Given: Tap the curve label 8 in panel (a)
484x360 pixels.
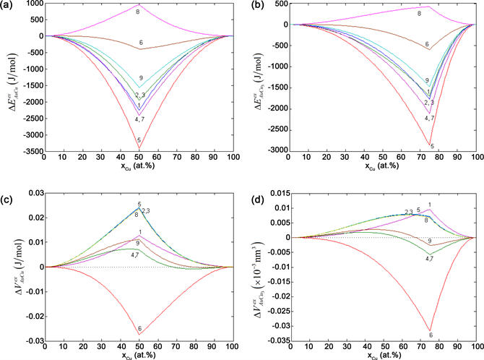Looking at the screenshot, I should [x=138, y=12].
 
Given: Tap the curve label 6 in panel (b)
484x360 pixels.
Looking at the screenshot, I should [x=427, y=45].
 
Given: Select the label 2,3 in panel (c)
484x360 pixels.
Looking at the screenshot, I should [x=146, y=211].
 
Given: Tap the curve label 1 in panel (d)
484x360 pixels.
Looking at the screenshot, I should [x=430, y=204].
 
